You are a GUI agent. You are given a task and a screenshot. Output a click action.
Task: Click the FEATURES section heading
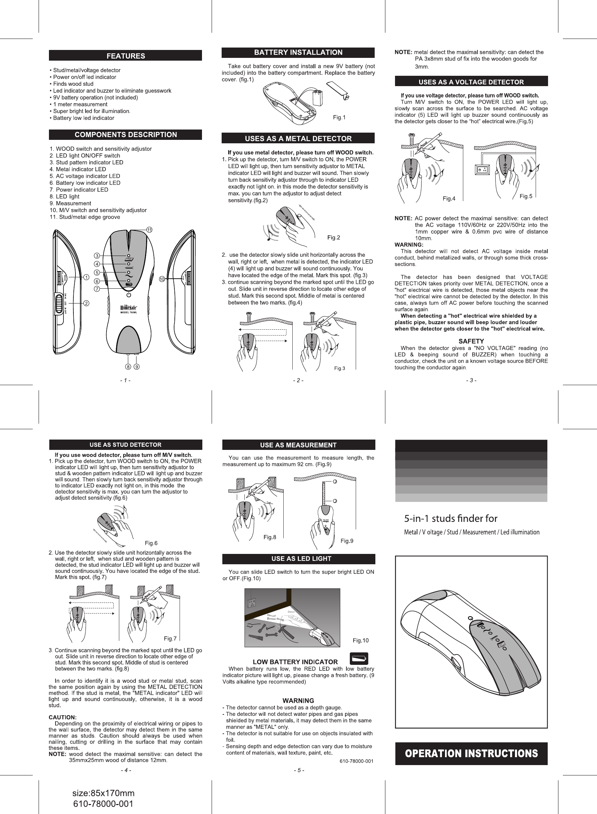point(125,55)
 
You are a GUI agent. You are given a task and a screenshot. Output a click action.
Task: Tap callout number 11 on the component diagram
point(149,230)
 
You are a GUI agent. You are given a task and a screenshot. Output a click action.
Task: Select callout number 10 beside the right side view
point(162,279)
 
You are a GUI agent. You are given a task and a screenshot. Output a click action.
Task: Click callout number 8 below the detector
point(128,367)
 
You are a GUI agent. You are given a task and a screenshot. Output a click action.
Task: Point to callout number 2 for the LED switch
point(87,303)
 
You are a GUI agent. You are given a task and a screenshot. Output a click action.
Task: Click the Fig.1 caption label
point(339,117)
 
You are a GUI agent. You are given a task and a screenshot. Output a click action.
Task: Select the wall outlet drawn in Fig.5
point(482,169)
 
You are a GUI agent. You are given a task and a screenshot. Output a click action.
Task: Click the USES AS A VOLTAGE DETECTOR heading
point(471,82)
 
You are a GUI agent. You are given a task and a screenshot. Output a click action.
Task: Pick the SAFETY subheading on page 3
point(471,341)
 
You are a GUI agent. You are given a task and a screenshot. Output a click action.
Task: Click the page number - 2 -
point(298,380)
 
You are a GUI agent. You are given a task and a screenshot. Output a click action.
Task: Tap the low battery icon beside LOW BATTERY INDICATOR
point(359,659)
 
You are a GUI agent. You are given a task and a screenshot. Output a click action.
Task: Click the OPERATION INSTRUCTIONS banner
point(471,753)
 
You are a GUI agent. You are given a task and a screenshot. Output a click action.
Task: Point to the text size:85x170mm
point(103,793)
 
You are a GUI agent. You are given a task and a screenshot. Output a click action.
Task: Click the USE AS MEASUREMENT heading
point(298,445)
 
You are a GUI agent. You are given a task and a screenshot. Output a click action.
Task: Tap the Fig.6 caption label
point(151,543)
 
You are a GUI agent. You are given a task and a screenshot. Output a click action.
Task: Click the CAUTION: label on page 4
point(62,717)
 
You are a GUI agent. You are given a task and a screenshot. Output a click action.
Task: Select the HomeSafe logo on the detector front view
point(128,308)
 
